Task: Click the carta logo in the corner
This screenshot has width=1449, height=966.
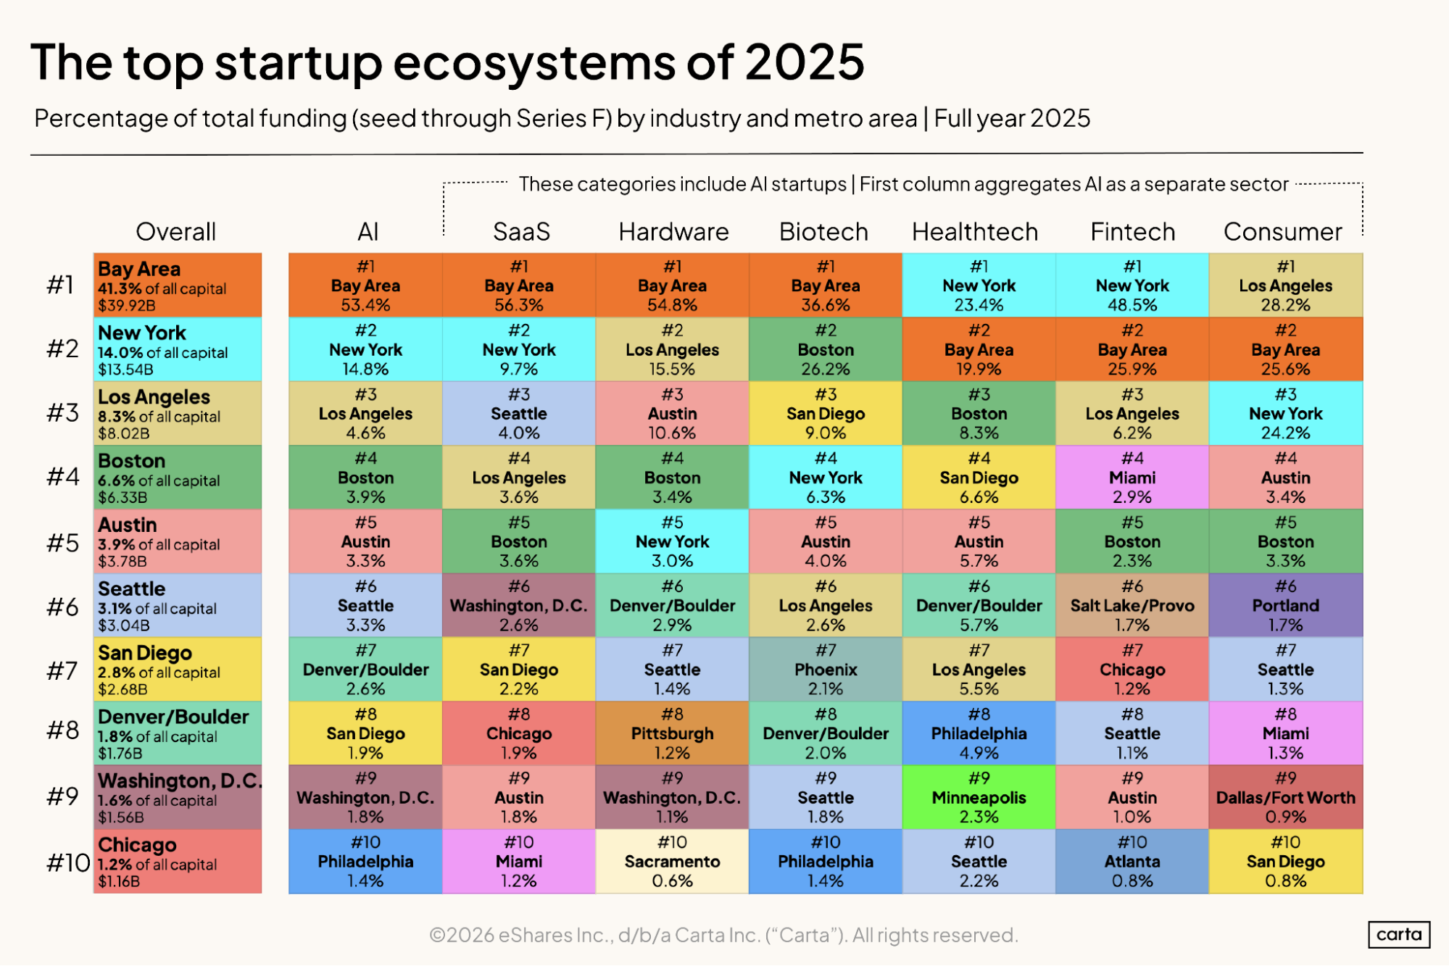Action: point(1398,934)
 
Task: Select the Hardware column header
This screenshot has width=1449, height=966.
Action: point(673,232)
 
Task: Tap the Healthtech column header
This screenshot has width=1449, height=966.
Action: point(975,232)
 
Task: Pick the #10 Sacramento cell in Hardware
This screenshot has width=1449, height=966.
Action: point(672,861)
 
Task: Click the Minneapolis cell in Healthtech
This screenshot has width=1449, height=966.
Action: point(979,797)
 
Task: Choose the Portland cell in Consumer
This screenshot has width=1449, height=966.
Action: point(1285,605)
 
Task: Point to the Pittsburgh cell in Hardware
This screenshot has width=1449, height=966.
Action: point(672,733)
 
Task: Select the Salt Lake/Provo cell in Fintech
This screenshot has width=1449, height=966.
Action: point(1132,605)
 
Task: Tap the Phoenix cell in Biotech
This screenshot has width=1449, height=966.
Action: point(826,669)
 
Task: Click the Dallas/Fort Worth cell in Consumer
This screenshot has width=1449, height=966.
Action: point(1285,797)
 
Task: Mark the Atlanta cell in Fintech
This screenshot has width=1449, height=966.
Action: point(1132,861)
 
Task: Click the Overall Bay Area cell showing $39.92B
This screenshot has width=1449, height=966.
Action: point(178,286)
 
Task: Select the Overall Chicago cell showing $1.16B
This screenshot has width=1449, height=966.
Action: point(178,861)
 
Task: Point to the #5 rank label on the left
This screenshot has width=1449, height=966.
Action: point(63,543)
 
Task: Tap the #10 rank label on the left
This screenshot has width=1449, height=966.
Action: point(67,862)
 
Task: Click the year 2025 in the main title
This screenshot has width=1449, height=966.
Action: point(805,62)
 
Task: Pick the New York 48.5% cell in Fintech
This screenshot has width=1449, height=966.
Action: point(1132,286)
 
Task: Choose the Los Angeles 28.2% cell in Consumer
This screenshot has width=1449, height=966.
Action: point(1285,286)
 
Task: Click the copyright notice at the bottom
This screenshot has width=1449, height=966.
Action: point(723,935)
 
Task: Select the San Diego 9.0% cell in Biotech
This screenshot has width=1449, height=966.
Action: point(826,413)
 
